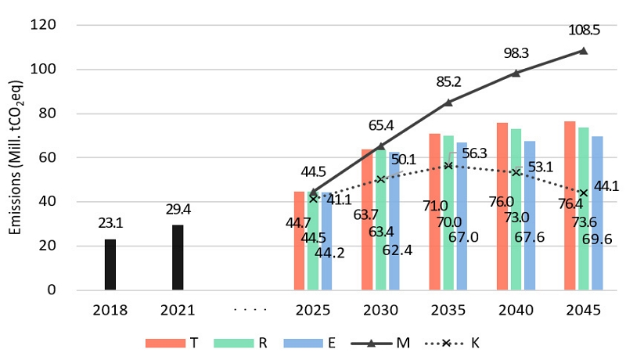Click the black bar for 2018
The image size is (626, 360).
(x=111, y=265)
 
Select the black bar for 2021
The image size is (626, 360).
(x=178, y=257)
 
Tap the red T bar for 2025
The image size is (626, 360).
(x=299, y=241)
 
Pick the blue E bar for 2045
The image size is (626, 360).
(x=597, y=213)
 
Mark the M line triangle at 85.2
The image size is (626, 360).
(x=448, y=102)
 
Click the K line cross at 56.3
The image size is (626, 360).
(x=448, y=166)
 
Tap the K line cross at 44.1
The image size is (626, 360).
(x=583, y=193)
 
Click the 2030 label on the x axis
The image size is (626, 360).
(x=381, y=310)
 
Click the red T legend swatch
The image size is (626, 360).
(x=161, y=343)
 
